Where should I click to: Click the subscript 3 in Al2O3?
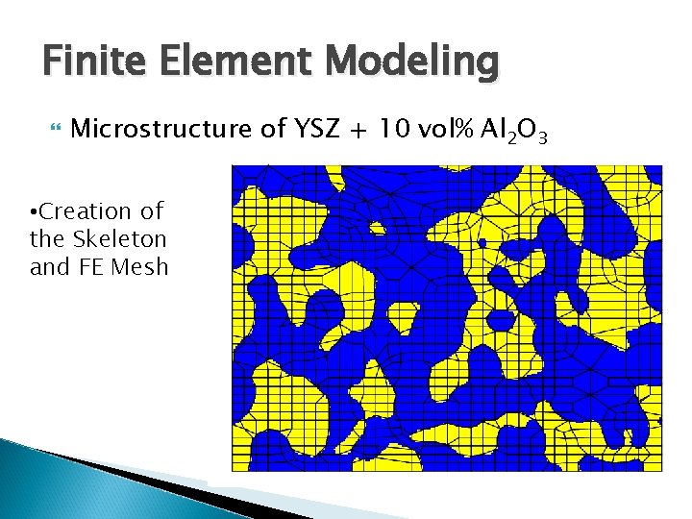click(543, 138)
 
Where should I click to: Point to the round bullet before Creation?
click(35, 211)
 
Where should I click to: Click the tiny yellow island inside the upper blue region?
click(377, 230)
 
